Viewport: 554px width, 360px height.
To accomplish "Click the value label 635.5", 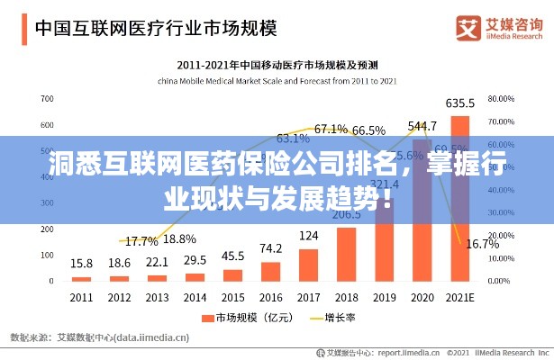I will [460, 103].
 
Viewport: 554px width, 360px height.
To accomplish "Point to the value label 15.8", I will [81, 263].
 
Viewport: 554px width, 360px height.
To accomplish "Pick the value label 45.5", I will [232, 256].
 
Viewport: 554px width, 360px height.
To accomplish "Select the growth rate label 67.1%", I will [331, 129].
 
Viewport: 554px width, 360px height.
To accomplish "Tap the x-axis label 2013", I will [157, 297].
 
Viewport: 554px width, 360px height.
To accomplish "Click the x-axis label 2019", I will [385, 297].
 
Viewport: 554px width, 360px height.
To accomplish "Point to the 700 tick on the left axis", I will [47, 98].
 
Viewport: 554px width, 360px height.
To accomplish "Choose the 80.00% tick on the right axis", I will [501, 98].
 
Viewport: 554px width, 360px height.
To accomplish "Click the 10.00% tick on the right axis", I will [501, 258].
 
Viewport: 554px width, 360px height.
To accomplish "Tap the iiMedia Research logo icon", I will [468, 26].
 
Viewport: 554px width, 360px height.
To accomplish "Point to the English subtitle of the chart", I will [277, 80].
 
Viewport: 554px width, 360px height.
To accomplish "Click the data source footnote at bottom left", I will [99, 337].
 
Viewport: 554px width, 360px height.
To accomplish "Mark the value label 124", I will [308, 236].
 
